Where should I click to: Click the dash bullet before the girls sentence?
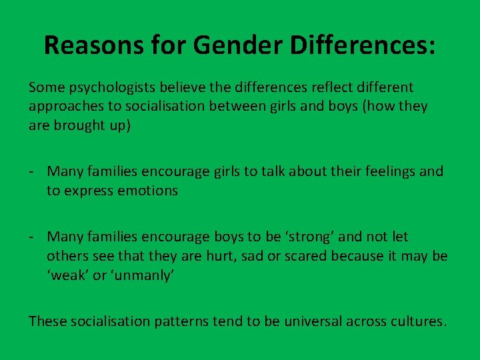click(32, 171)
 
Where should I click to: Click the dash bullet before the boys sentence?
click(32, 237)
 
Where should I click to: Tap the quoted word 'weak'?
click(67, 275)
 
